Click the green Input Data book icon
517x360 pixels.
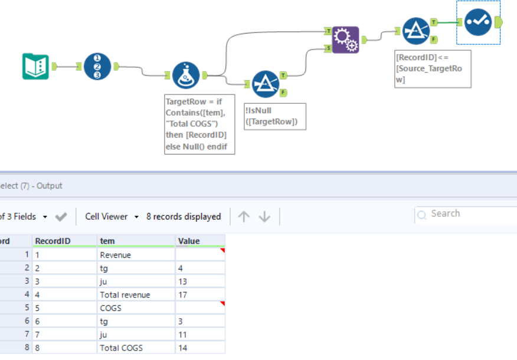35,66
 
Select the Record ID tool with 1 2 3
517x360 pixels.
97,66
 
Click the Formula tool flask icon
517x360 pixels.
186,75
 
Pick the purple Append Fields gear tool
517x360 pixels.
345,40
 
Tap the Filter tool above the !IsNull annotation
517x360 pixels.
265,84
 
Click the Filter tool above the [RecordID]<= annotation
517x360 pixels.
416,31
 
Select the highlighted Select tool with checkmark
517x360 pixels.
478,22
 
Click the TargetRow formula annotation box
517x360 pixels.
199,124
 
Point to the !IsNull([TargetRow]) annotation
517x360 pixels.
274,116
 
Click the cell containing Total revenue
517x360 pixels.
125,294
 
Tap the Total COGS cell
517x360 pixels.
122,348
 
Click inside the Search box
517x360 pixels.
466,214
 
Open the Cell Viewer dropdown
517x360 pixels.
112,217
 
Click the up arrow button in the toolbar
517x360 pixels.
244,217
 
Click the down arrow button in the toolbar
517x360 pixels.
264,217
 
